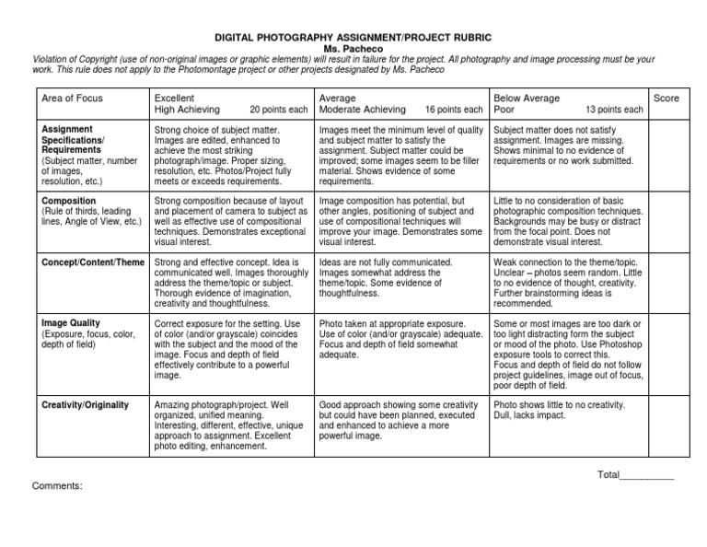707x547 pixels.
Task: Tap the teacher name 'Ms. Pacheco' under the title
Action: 353,48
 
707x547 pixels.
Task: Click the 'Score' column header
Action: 666,98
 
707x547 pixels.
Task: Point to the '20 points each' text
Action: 278,110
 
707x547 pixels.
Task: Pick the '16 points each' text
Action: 454,110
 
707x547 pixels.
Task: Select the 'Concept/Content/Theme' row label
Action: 93,262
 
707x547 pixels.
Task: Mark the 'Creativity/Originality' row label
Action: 86,405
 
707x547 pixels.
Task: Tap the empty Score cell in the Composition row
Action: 666,221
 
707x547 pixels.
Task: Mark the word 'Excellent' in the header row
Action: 175,98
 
